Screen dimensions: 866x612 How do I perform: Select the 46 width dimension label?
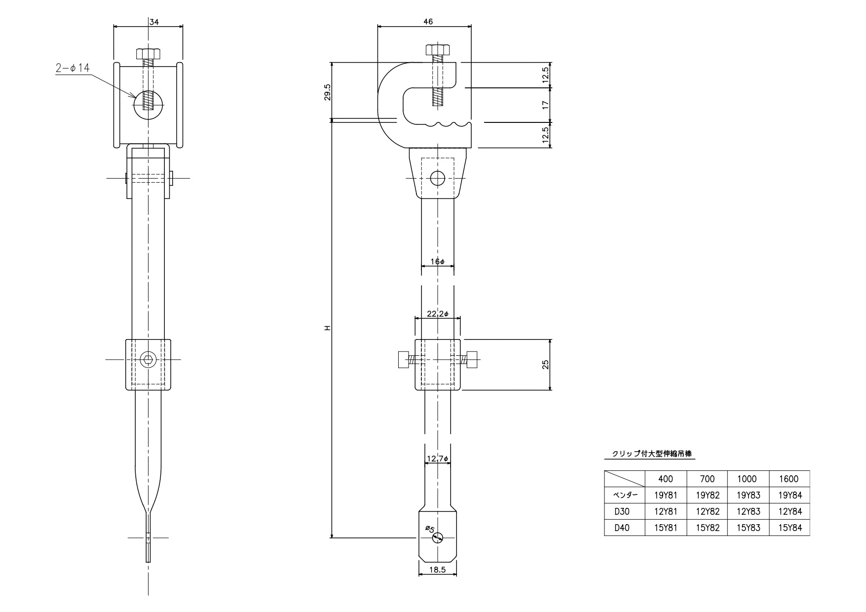428,21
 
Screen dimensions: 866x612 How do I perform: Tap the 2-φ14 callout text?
73,69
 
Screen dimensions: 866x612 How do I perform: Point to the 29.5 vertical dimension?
327,92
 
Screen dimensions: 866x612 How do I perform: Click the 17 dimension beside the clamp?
545,105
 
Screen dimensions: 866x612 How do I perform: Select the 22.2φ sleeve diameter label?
438,314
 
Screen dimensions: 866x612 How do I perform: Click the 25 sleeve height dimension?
545,364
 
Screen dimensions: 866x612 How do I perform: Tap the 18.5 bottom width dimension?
438,569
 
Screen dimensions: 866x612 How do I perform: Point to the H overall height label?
327,328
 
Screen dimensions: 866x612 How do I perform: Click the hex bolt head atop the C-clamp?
437,50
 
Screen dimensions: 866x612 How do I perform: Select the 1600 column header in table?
789,479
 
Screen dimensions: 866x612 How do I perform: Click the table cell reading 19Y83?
748,495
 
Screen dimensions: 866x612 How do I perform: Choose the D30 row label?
622,511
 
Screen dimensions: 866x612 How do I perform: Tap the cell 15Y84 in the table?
790,528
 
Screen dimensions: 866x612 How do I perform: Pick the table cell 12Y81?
666,511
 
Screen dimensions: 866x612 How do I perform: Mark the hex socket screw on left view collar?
148,359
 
